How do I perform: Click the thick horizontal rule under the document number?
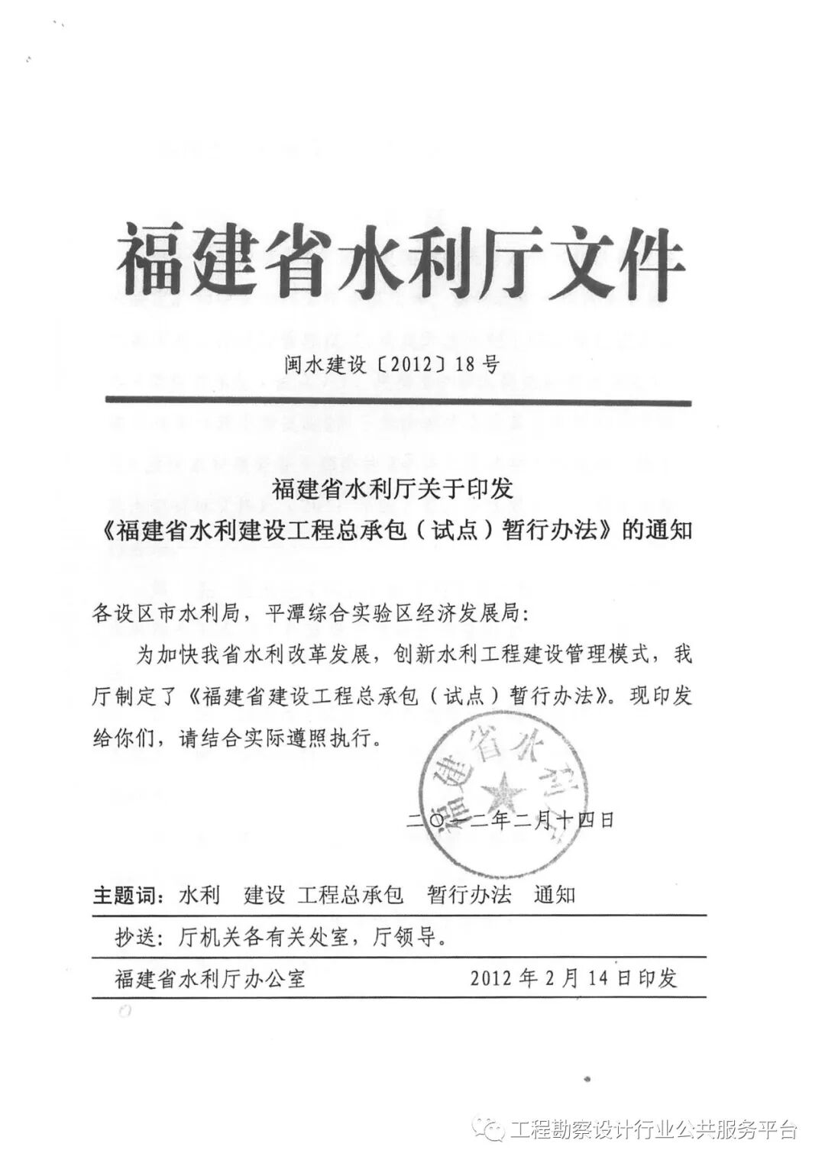point(397,402)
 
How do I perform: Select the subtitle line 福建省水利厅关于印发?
point(393,489)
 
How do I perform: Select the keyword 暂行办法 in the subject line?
point(470,894)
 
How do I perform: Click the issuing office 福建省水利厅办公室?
point(211,978)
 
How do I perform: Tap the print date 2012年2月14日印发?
point(574,978)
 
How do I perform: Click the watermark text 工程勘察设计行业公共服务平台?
point(654,1129)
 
